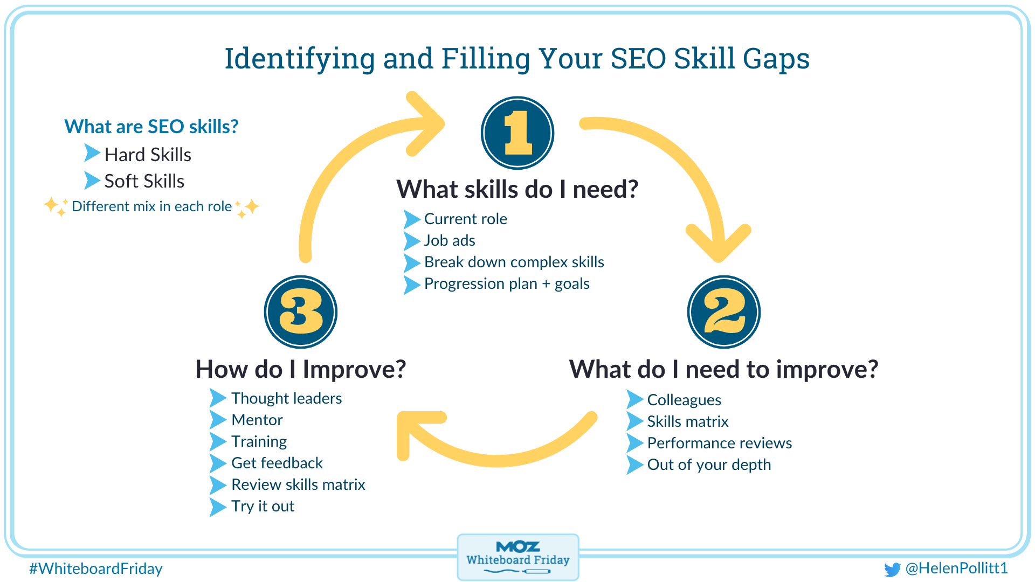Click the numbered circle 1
517,133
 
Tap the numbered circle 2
724,312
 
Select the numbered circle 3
301,312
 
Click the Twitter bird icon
892,569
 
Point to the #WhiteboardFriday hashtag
96,569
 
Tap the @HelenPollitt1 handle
956,568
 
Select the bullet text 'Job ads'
450,240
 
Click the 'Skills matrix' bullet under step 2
687,421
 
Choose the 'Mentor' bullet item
257,420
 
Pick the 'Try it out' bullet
263,506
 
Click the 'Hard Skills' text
148,155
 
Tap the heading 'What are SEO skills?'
151,127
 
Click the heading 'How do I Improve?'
300,369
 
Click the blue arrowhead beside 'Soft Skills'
92,181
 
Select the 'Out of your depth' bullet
709,465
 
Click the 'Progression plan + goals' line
507,283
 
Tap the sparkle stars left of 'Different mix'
56,206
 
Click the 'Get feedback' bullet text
277,463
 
